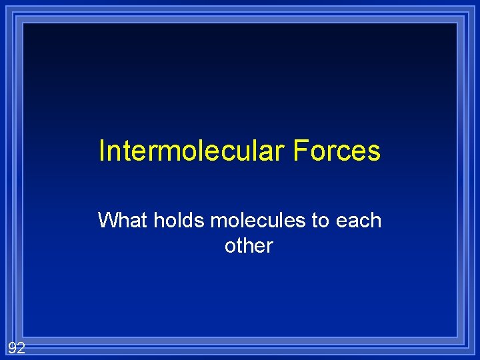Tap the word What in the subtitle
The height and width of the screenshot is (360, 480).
(x=123, y=220)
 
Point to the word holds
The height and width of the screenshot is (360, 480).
(x=180, y=220)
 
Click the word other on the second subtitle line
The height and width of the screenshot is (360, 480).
(x=249, y=246)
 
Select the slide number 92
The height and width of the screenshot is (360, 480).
(x=16, y=347)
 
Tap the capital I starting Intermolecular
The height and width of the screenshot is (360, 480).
(x=101, y=151)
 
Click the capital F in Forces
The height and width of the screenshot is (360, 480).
(x=298, y=151)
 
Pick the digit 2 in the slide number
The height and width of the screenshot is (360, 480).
(x=21, y=347)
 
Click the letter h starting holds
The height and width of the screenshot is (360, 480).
(x=159, y=220)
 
